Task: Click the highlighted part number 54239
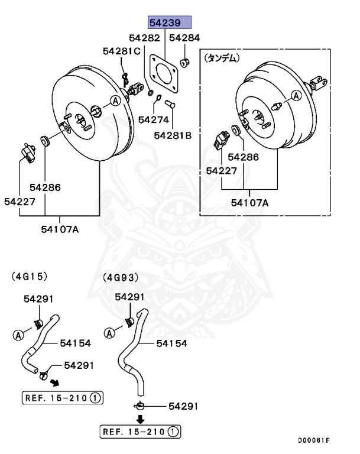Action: click(170, 23)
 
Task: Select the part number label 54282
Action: click(145, 38)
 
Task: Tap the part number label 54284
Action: click(184, 38)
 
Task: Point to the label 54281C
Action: click(121, 51)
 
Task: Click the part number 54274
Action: click(154, 119)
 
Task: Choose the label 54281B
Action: click(173, 135)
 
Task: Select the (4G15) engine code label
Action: click(29, 276)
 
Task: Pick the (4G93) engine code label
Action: click(121, 277)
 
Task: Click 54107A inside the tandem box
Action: click(249, 203)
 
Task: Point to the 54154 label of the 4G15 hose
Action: click(74, 342)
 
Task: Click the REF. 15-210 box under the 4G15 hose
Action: click(63, 398)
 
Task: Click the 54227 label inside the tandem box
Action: click(222, 170)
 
